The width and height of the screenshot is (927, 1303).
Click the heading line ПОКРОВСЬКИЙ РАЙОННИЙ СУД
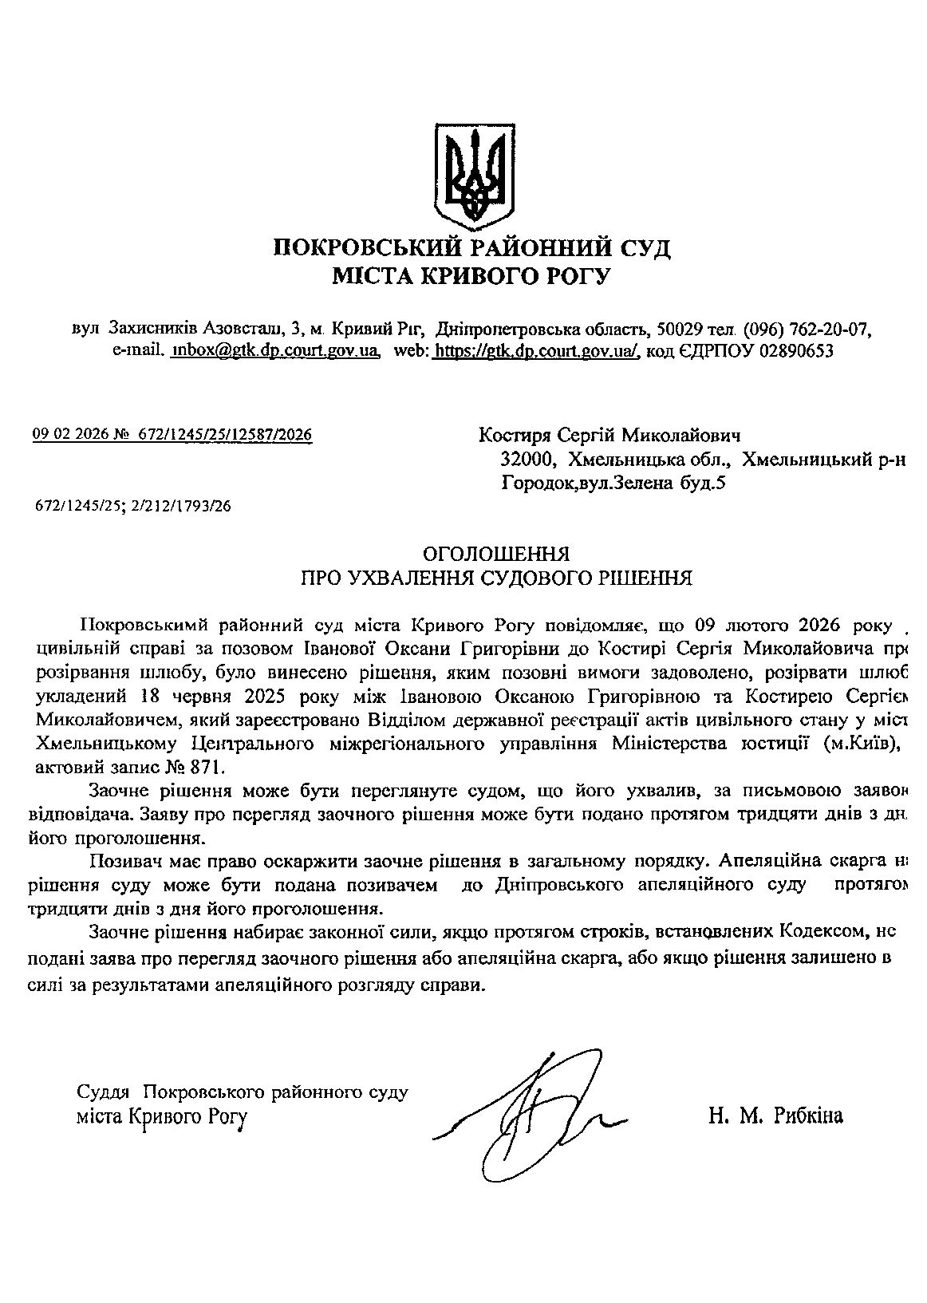(472, 248)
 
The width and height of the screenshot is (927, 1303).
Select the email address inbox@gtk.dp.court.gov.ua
(274, 350)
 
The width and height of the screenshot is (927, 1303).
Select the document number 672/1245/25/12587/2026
(225, 435)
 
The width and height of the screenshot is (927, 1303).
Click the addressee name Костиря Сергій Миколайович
(609, 436)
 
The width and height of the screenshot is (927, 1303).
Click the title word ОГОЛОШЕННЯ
(495, 553)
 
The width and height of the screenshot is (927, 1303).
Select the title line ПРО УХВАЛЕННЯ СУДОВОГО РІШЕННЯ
(495, 577)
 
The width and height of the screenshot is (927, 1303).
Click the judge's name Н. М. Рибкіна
(775, 1116)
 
